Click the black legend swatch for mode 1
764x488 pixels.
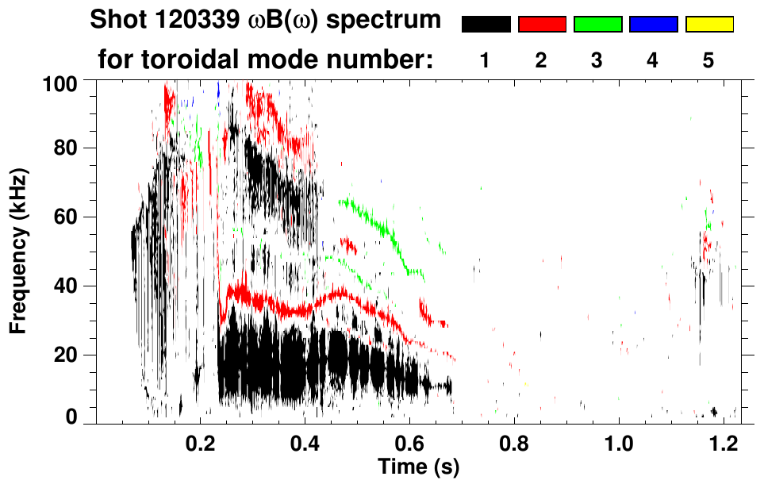click(486, 25)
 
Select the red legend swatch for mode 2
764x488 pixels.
click(542, 25)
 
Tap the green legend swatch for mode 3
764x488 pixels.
click(597, 25)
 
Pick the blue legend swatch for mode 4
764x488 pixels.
click(653, 25)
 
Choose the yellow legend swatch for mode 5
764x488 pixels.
click(708, 25)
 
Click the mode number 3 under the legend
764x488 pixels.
click(597, 60)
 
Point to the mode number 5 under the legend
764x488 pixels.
click(708, 60)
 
